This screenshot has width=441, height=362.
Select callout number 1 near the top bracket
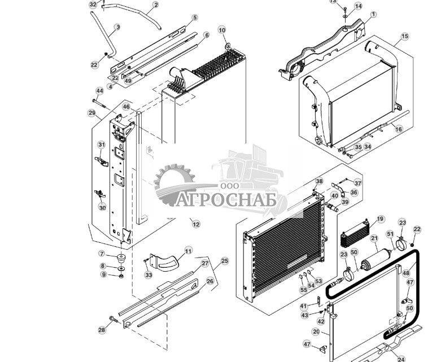coord(373,14)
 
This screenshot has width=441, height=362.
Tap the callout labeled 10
coord(221,30)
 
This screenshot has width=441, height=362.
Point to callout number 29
coord(92,113)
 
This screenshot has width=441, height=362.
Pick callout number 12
coord(196,224)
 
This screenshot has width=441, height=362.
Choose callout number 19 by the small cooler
coord(380,219)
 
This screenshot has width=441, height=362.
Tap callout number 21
coord(373,239)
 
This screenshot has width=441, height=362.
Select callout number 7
coord(102,254)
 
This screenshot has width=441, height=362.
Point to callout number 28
coord(102,330)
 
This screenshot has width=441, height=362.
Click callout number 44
coord(100,91)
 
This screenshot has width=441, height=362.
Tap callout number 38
coord(319,181)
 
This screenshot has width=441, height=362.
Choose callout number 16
coord(399,129)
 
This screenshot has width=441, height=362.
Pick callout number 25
coord(225,261)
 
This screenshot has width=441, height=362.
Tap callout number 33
coord(149,275)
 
